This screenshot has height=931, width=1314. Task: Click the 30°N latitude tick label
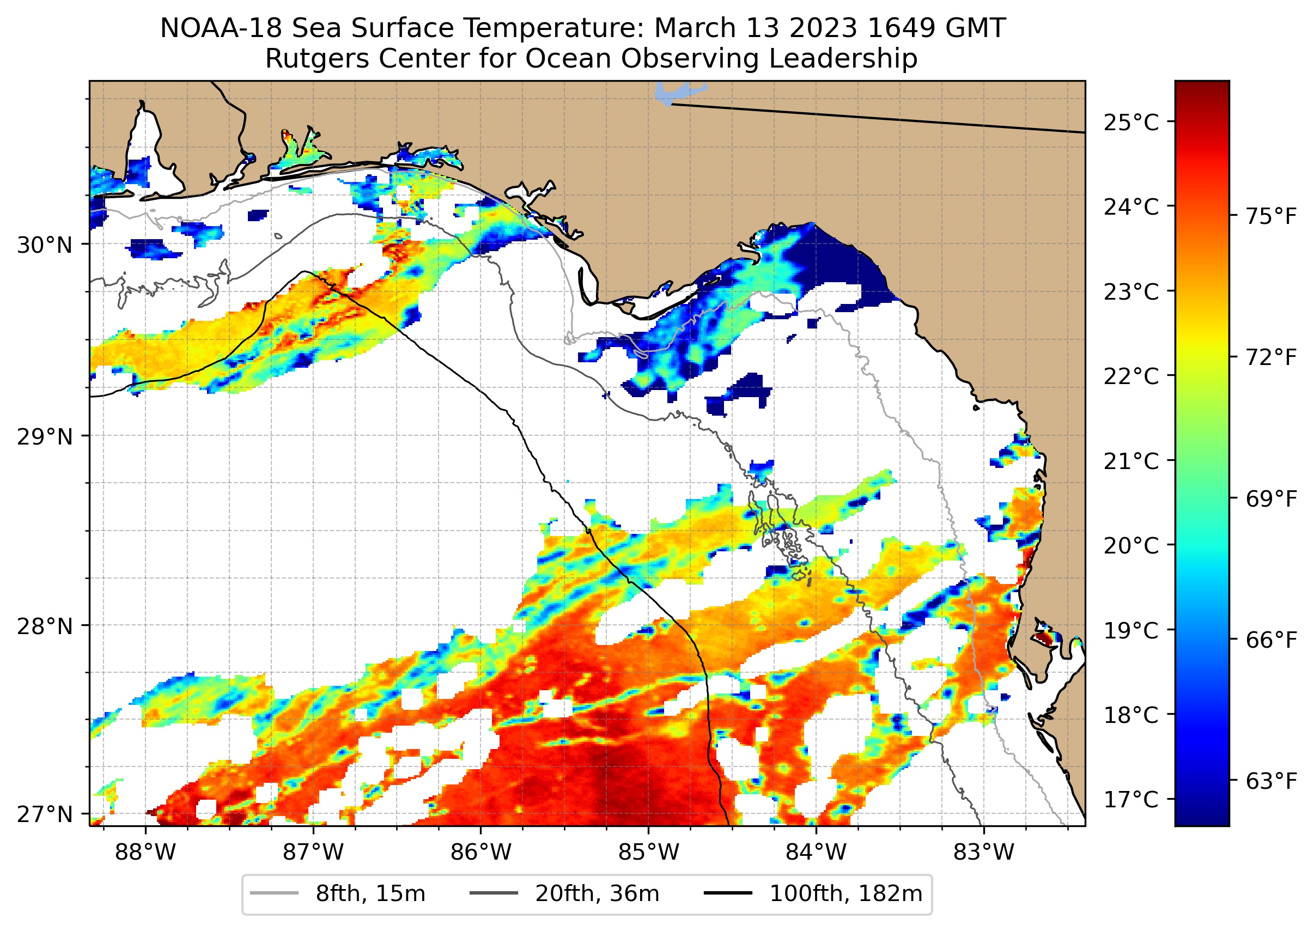point(45,245)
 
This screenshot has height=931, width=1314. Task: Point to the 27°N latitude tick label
point(45,814)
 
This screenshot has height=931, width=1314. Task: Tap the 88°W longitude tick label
point(145,853)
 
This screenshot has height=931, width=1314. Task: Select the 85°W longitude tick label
point(648,853)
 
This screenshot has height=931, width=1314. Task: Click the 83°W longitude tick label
point(984,853)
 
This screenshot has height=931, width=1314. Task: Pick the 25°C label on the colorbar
point(1130,123)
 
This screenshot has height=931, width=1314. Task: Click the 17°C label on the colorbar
point(1130,799)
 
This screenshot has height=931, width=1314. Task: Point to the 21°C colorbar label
point(1130,461)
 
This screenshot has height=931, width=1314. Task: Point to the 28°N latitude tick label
point(45,626)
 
